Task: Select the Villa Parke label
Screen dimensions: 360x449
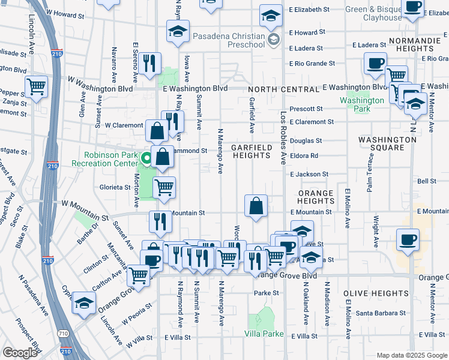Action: click(264, 334)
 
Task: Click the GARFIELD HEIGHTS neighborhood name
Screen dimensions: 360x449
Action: click(252, 151)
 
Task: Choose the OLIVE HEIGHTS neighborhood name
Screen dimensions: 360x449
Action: click(376, 293)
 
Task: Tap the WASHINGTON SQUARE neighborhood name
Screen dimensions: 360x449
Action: click(387, 143)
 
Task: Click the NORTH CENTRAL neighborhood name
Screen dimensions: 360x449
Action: click(285, 89)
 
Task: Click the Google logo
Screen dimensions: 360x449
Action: click(20, 353)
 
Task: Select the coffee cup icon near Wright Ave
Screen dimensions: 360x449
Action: click(408, 240)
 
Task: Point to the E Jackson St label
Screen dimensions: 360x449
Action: click(309, 174)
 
